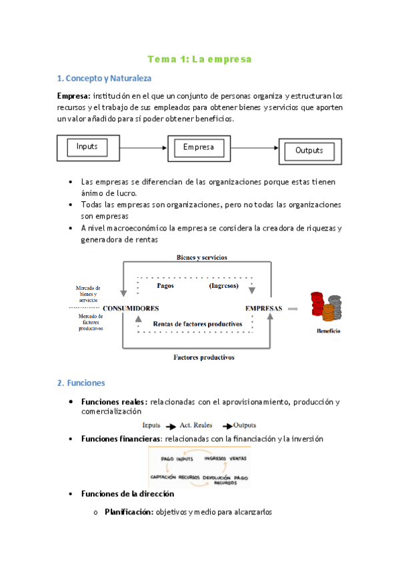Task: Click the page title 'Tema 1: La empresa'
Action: pyautogui.click(x=199, y=59)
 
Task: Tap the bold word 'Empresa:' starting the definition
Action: pyautogui.click(x=74, y=96)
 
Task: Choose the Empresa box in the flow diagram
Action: pyautogui.click(x=198, y=147)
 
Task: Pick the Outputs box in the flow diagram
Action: pyautogui.click(x=309, y=151)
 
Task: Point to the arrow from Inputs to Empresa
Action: pyautogui.click(x=143, y=147)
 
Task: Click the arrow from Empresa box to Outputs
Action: pyautogui.click(x=254, y=148)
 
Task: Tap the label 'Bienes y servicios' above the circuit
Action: pyautogui.click(x=201, y=257)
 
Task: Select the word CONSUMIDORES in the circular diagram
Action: pyautogui.click(x=131, y=308)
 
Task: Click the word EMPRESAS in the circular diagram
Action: pyautogui.click(x=263, y=308)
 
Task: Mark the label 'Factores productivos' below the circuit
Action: pyautogui.click(x=204, y=357)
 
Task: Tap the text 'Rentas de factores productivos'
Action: pyautogui.click(x=197, y=324)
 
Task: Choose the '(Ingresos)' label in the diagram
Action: pyautogui.click(x=225, y=285)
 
